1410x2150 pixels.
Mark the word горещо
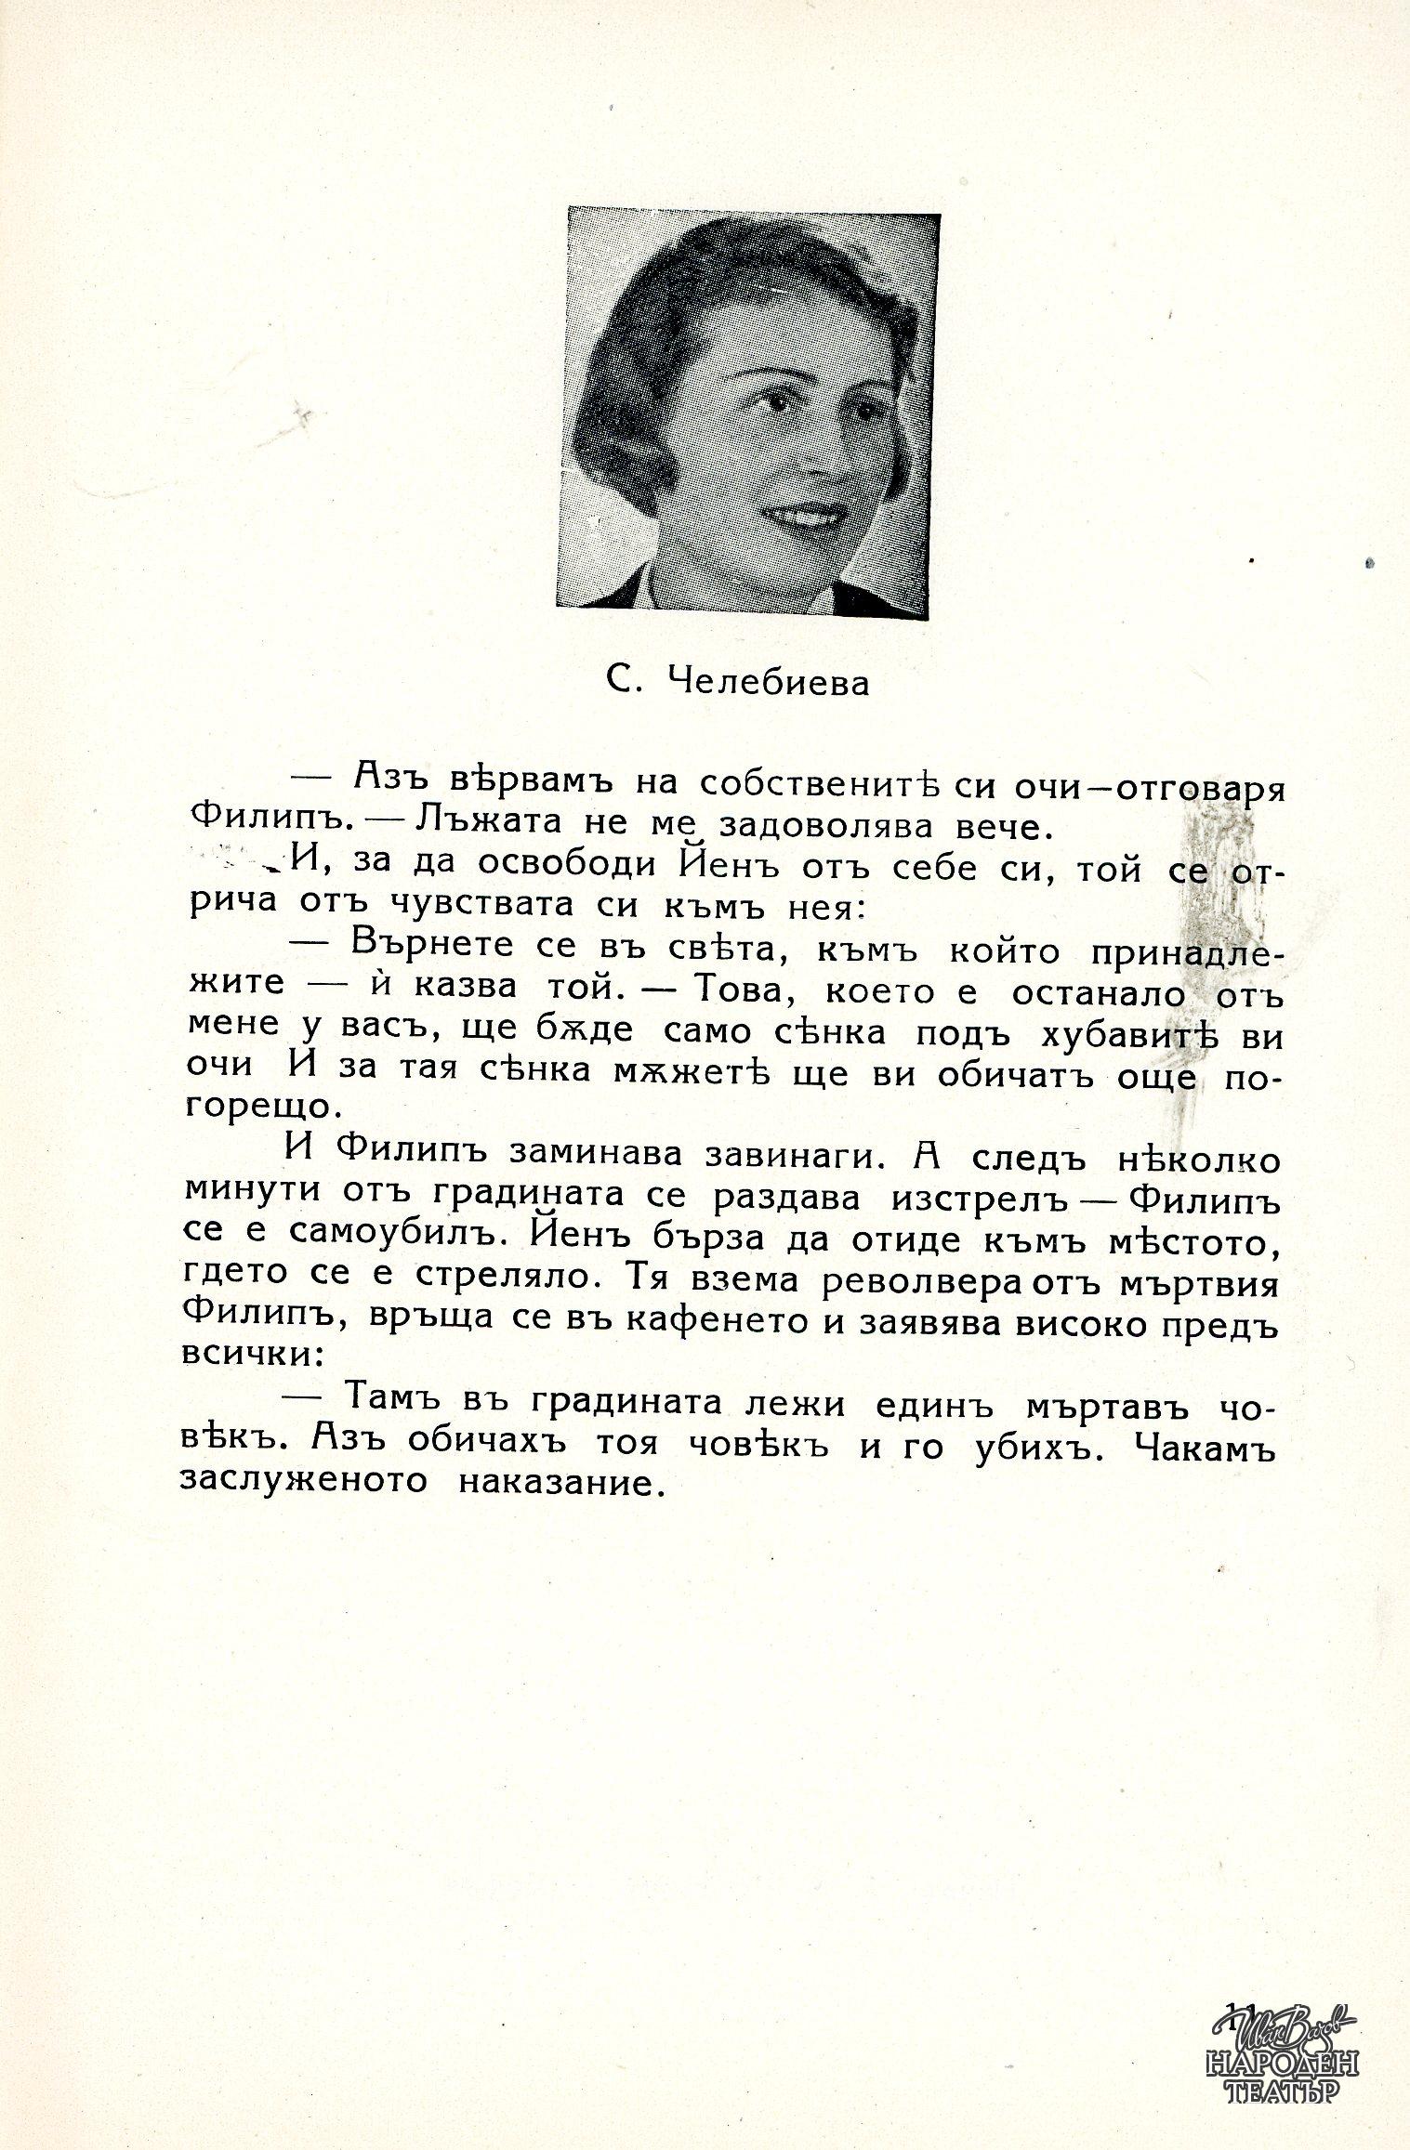tap(259, 1108)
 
